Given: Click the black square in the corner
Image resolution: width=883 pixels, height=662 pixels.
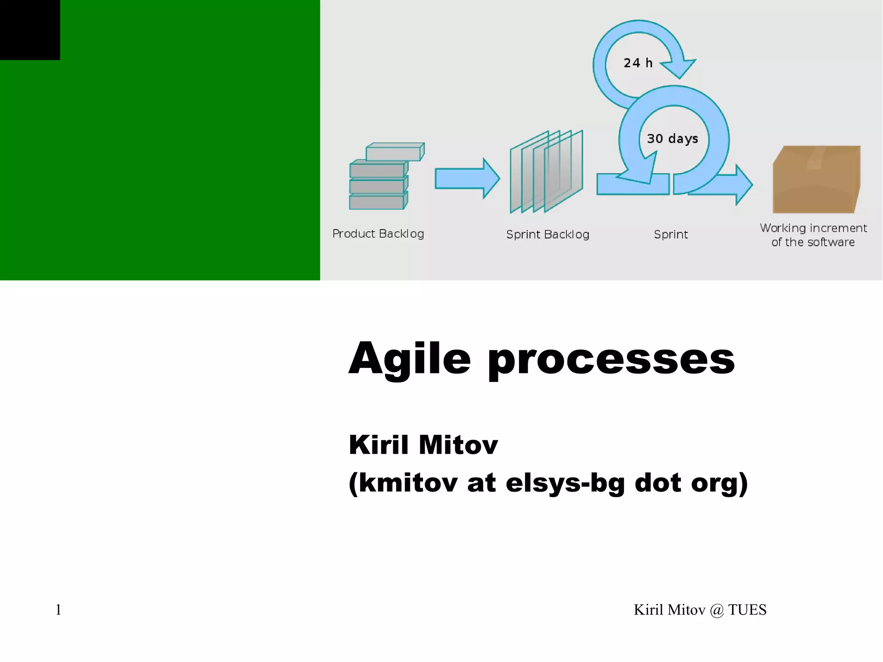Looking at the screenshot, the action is [30, 30].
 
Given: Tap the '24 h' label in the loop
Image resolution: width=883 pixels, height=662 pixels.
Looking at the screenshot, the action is [638, 63].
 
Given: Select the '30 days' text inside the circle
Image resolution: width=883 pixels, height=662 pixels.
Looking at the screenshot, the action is [672, 139].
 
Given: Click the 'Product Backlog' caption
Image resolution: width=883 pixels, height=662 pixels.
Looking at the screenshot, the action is [378, 234].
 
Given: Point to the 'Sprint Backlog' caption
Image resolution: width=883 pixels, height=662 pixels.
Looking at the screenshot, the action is [548, 234].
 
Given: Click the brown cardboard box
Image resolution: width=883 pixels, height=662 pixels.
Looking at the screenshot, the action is [817, 179].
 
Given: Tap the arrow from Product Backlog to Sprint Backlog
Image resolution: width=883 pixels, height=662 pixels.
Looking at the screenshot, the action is [467, 179].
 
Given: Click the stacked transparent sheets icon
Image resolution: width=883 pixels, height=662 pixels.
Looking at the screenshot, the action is [546, 172].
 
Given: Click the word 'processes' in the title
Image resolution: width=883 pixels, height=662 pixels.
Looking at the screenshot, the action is [611, 361].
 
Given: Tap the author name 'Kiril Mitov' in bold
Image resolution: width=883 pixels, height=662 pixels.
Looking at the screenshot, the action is [423, 445].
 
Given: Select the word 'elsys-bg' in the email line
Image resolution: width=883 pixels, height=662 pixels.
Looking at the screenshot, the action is [565, 483].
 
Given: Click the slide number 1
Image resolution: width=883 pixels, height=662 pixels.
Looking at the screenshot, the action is [58, 610].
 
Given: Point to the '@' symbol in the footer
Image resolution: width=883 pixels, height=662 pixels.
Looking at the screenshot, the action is [717, 610].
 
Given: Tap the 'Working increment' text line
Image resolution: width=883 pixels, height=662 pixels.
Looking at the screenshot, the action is [813, 228].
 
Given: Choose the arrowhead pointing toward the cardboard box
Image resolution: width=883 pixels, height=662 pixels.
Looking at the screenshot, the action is [744, 185].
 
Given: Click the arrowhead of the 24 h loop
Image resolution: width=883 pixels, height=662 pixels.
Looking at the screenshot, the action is [678, 69].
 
